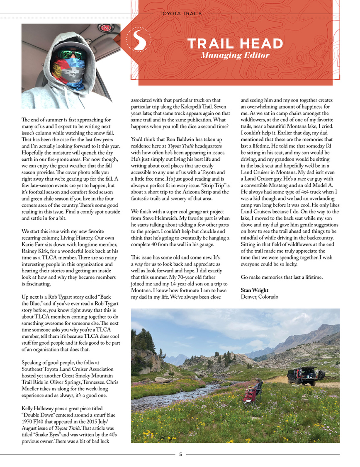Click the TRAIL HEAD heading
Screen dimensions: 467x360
tap(235, 44)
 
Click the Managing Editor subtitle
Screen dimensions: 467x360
tap(235, 56)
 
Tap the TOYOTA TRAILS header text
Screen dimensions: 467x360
tap(180, 14)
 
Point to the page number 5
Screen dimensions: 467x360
tap(180, 454)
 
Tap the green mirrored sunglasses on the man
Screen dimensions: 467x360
tap(69, 54)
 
